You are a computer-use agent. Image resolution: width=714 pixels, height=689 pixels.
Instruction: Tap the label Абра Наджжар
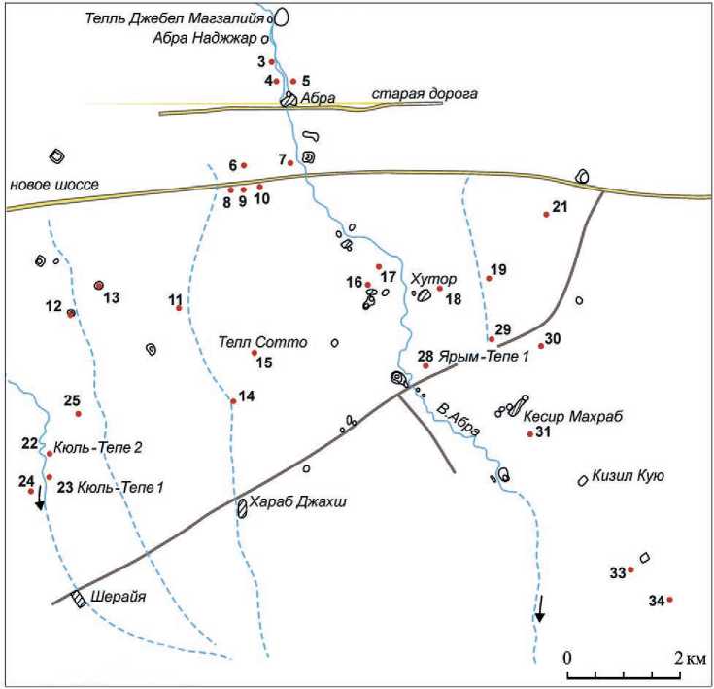[x=204, y=40]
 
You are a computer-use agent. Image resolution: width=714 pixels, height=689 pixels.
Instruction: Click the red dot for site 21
[x=546, y=215]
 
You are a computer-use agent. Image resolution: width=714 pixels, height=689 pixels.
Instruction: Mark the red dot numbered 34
[x=669, y=599]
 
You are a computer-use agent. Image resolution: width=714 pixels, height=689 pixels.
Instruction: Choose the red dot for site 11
[x=179, y=308]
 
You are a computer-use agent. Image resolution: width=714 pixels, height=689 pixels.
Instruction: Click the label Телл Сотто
[x=262, y=342]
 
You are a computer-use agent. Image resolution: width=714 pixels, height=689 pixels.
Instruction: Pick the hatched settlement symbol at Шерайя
[x=78, y=600]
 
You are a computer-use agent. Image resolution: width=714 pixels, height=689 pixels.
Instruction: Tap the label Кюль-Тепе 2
[x=100, y=447]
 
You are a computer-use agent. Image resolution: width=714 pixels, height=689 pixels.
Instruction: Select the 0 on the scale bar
[x=568, y=658]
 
